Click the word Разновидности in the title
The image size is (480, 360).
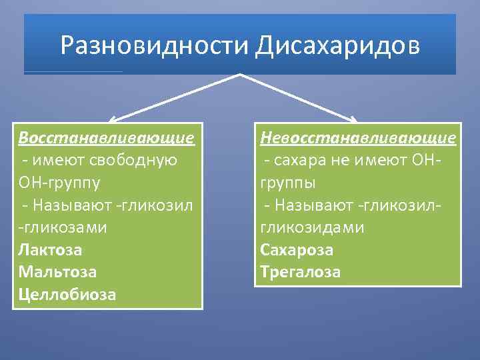click(x=154, y=46)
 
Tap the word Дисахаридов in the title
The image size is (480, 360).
click(x=337, y=46)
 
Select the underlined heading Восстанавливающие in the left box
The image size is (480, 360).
click(x=107, y=138)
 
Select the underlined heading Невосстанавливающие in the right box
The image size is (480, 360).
click(x=359, y=138)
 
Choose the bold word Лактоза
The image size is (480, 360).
click(x=51, y=250)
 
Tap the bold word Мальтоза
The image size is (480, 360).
click(x=58, y=272)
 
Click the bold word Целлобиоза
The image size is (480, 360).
click(x=67, y=295)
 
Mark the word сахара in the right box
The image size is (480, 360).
click(x=297, y=161)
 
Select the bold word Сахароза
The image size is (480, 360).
click(x=297, y=250)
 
